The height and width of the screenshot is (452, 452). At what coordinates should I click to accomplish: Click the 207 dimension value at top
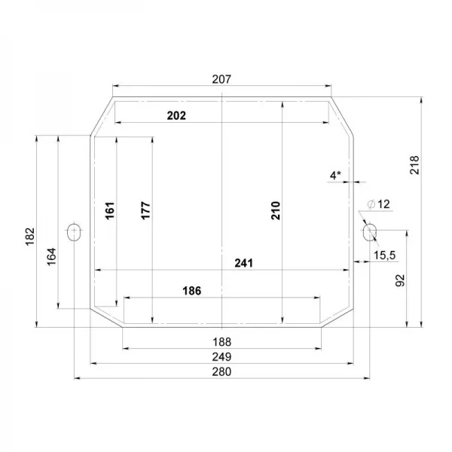(x=221, y=79)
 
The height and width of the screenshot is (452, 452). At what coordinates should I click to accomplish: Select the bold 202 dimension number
(x=176, y=115)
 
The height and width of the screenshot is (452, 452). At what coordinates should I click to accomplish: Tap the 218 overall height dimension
(x=414, y=165)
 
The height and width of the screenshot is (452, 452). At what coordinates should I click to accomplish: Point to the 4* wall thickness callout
(x=335, y=175)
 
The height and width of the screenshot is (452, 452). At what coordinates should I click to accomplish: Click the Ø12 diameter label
(x=378, y=204)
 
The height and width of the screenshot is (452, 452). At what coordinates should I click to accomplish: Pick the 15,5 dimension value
(x=385, y=255)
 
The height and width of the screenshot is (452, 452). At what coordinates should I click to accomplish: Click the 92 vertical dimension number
(x=400, y=280)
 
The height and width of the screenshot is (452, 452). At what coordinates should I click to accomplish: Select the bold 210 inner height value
(x=276, y=211)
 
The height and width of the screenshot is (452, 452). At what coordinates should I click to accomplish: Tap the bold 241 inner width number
(x=243, y=263)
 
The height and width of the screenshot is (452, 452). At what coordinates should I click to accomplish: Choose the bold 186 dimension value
(x=191, y=291)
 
